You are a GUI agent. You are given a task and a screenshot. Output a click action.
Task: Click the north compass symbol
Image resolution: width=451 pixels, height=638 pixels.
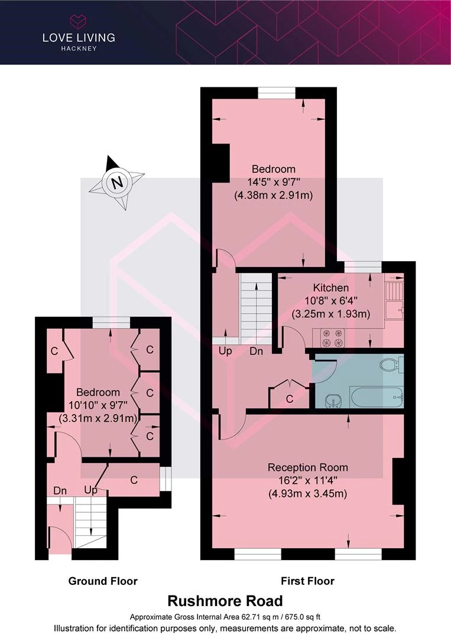point(117,182)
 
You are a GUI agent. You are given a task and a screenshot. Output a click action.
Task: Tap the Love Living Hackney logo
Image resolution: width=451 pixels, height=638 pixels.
point(79,33)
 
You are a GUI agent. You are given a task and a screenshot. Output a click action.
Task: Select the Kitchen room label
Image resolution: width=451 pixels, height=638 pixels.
point(330,288)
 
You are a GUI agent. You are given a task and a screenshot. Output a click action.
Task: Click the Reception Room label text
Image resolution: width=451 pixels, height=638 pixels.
point(308,467)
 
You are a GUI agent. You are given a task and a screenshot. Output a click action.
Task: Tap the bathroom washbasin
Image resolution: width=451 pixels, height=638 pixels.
point(333,401)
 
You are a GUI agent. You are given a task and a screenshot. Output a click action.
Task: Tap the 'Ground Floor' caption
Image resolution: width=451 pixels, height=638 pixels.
point(103,581)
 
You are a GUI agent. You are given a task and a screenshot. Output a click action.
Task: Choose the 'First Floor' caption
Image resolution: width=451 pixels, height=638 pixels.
point(308,581)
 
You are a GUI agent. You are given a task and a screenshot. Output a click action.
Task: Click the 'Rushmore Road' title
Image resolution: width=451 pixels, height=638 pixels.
point(225,601)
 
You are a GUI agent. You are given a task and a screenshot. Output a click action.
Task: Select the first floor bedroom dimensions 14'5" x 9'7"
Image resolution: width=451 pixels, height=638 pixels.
point(274,182)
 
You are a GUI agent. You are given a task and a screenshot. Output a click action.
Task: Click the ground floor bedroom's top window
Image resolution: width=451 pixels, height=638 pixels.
point(111,323)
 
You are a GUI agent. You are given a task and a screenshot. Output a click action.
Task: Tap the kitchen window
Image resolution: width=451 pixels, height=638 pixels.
point(363,267)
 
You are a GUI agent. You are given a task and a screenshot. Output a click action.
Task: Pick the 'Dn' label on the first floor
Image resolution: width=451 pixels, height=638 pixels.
point(256,351)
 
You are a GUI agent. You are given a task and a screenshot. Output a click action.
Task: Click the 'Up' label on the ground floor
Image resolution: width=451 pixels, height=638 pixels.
point(91,490)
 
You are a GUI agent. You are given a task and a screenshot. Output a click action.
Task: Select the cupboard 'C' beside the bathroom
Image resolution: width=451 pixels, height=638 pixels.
point(290,399)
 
